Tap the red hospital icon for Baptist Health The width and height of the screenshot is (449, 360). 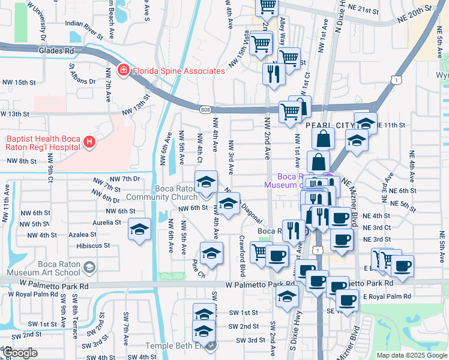click(89, 142)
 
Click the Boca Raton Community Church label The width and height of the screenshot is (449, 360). click(176, 193)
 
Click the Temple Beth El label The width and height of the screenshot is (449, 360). click(179, 346)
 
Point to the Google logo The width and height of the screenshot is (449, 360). click(20, 353)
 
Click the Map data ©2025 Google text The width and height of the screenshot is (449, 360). click(411, 355)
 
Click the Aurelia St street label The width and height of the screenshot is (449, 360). click(107, 222)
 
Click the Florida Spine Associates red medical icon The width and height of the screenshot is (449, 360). click(124, 71)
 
